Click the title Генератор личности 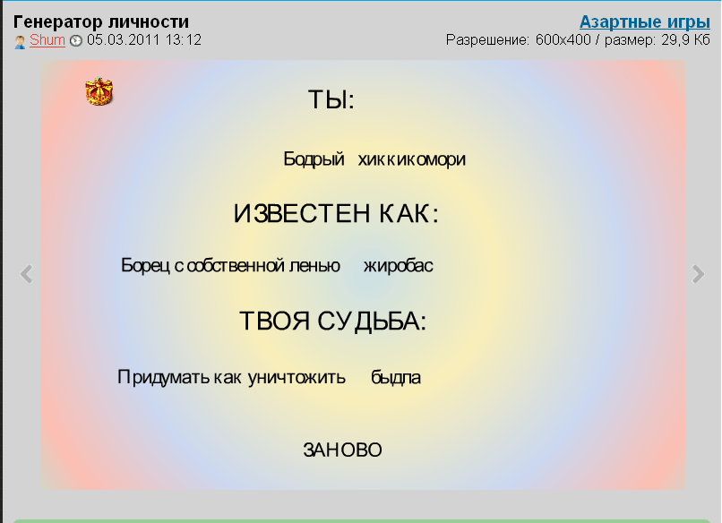pyautogui.click(x=101, y=21)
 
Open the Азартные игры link pyautogui.click(x=645, y=22)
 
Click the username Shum pyautogui.click(x=47, y=40)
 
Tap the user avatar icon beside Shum pyautogui.click(x=20, y=42)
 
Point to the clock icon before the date pyautogui.click(x=76, y=41)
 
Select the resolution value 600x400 pyautogui.click(x=563, y=40)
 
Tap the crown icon pyautogui.click(x=99, y=91)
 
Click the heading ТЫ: pyautogui.click(x=331, y=99)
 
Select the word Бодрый pyautogui.click(x=314, y=159)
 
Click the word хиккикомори pyautogui.click(x=412, y=159)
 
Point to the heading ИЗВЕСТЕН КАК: pyautogui.click(x=336, y=214)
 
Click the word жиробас pyautogui.click(x=399, y=266)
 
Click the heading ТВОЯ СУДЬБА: pyautogui.click(x=333, y=321)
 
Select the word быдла pyautogui.click(x=396, y=377)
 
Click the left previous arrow pyautogui.click(x=27, y=274)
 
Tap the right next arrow pyautogui.click(x=698, y=274)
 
